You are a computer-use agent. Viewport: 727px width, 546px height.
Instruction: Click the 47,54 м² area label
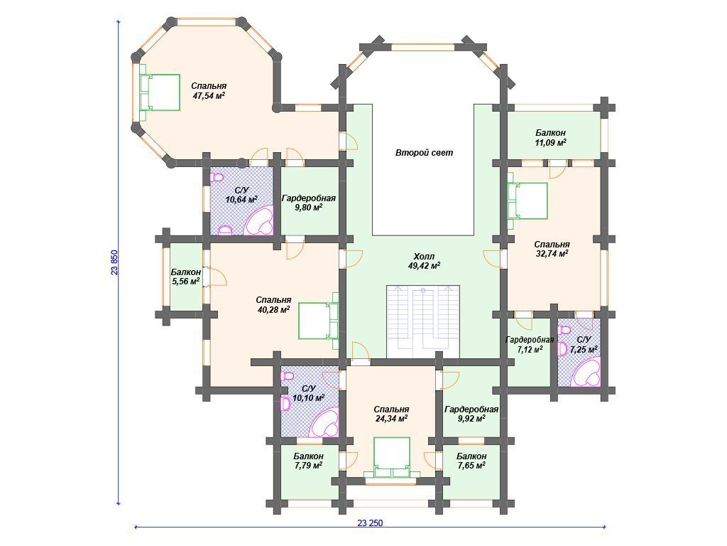coord(209,96)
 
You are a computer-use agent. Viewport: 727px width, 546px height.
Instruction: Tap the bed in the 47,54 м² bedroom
coord(160,92)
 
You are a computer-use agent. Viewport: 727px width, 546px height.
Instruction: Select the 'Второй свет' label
coord(425,152)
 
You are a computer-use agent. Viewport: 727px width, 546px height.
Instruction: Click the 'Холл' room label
coord(424,256)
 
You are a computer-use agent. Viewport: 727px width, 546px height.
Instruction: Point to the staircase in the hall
coord(423,322)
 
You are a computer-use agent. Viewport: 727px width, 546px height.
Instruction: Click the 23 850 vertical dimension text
coord(114,263)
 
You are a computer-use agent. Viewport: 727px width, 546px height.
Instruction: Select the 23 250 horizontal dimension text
coord(370,523)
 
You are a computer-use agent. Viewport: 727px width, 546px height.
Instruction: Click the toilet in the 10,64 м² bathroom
coord(217,177)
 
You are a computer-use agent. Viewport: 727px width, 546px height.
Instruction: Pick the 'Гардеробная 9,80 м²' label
coord(309,203)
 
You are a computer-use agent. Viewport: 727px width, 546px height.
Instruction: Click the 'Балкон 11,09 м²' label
coord(550,138)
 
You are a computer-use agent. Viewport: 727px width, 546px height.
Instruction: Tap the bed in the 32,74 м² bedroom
coord(528,201)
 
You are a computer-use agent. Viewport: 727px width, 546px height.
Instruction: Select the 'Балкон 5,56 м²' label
coord(185,277)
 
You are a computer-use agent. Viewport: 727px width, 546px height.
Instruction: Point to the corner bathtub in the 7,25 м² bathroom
coord(586,373)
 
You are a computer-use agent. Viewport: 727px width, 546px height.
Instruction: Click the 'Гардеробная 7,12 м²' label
coord(530,345)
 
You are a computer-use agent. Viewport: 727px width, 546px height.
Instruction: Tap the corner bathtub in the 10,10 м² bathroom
coord(324,422)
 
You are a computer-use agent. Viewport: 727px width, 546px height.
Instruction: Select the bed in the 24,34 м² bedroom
coord(392,457)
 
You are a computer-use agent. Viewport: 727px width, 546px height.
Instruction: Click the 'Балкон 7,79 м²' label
coord(308,461)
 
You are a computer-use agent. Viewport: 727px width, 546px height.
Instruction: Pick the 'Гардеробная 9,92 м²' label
coord(471,414)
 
